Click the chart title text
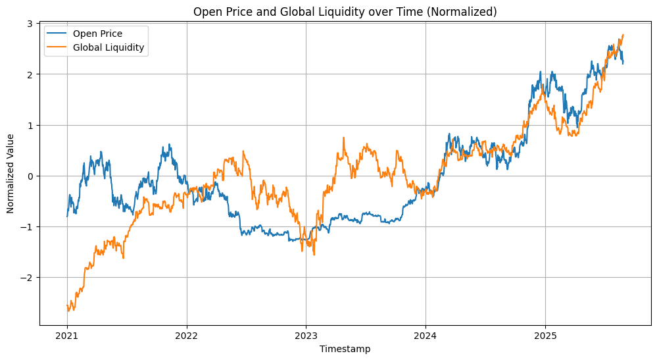(x=345, y=11)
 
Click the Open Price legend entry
(x=97, y=34)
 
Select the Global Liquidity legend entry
(x=109, y=47)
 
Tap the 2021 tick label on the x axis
(x=67, y=335)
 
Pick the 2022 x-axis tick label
(x=187, y=335)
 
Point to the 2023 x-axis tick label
(x=306, y=335)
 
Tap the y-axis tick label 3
(x=30, y=24)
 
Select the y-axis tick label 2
(x=30, y=74)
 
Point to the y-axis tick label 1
(x=30, y=125)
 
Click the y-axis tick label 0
(x=30, y=176)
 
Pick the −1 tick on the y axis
(x=28, y=226)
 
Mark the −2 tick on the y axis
(x=28, y=277)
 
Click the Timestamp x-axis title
(x=345, y=349)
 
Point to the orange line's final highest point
(x=623, y=35)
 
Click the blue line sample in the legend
(x=57, y=34)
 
